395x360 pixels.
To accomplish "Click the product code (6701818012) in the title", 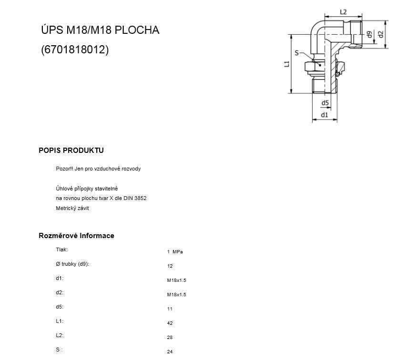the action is tap(75, 50).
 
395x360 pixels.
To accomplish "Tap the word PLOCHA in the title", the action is tap(137, 30).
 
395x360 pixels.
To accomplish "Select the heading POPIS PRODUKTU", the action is tap(71, 150).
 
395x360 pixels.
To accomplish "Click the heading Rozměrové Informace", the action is tap(76, 236).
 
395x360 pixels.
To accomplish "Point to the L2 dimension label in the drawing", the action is tap(343, 12).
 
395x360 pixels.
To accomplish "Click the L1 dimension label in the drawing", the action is tap(287, 64).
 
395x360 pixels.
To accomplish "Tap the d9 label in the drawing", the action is tap(369, 34).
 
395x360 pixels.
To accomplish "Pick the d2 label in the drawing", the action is tap(381, 34).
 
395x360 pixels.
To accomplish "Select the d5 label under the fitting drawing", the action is tap(325, 103).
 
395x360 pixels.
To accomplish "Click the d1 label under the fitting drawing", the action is tap(324, 115).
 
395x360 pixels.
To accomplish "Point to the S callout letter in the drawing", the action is tap(297, 53).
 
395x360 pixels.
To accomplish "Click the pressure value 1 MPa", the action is tap(175, 252).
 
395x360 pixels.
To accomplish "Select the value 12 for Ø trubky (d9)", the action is tap(170, 266).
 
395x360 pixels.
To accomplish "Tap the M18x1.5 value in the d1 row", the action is tap(176, 280).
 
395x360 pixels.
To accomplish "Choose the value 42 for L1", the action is tap(170, 323).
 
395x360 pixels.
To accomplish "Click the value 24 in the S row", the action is tap(170, 352).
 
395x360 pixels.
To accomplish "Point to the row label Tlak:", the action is tap(62, 250).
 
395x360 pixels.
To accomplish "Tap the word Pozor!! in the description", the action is tap(64, 169).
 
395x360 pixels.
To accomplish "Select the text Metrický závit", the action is tap(72, 208).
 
